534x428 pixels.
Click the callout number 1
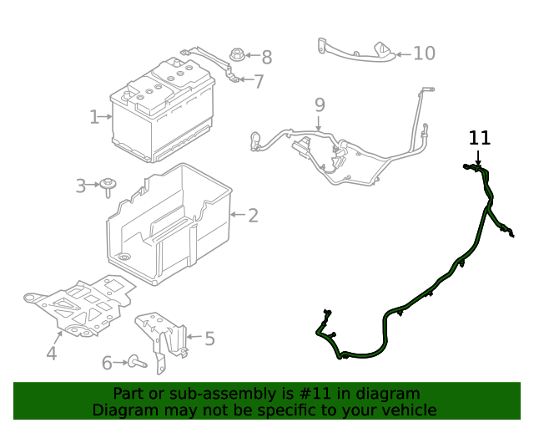click(x=94, y=117)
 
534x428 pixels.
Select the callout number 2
click(x=253, y=216)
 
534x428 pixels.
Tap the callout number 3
click(x=81, y=186)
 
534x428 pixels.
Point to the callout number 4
click(x=52, y=354)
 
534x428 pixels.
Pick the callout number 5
click(x=209, y=339)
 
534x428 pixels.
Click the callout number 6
click(x=107, y=363)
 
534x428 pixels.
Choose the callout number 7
click(x=259, y=82)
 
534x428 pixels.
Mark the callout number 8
click(x=266, y=57)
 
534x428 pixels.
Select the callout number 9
click(x=319, y=105)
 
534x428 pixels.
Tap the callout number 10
click(x=424, y=53)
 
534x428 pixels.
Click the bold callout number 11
click(x=480, y=138)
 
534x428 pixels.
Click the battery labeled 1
click(x=163, y=113)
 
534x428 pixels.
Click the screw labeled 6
click(x=136, y=363)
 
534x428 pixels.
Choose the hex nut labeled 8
click(x=237, y=57)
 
